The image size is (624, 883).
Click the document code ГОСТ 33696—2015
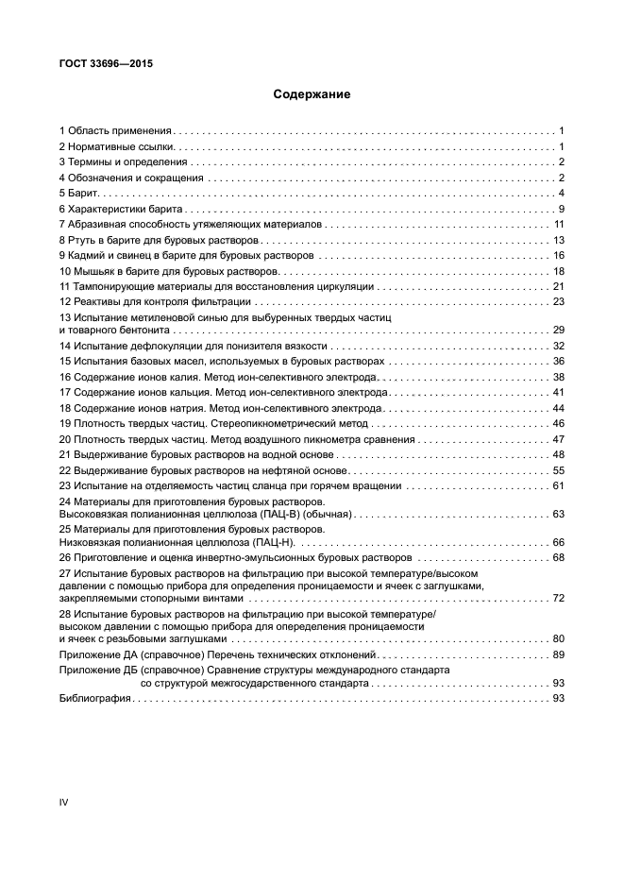(106, 64)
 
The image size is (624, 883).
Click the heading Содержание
(312, 94)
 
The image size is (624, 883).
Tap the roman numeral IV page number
(64, 802)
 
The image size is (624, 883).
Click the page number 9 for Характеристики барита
(561, 209)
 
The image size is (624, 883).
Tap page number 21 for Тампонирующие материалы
(558, 286)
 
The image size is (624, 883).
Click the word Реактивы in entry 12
(98, 301)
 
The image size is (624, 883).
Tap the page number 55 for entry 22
(558, 469)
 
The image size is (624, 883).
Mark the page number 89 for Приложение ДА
(558, 654)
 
